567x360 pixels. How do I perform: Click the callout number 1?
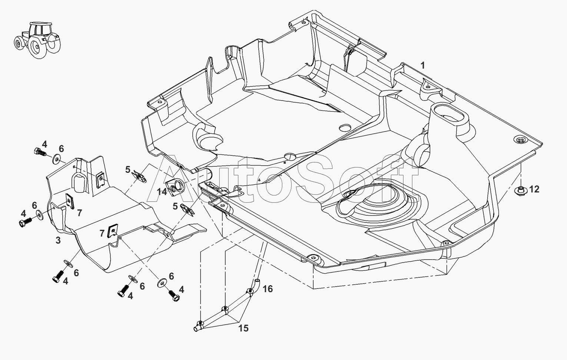coord(423,65)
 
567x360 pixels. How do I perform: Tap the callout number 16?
coord(268,288)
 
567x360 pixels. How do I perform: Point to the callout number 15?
coord(243,328)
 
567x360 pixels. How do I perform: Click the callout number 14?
coord(162,192)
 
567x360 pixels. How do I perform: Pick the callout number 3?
coord(58,240)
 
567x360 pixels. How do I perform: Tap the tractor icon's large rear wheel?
coord(37,47)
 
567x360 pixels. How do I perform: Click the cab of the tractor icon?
coord(40,29)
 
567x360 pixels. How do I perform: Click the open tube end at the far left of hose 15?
coord(195,329)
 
